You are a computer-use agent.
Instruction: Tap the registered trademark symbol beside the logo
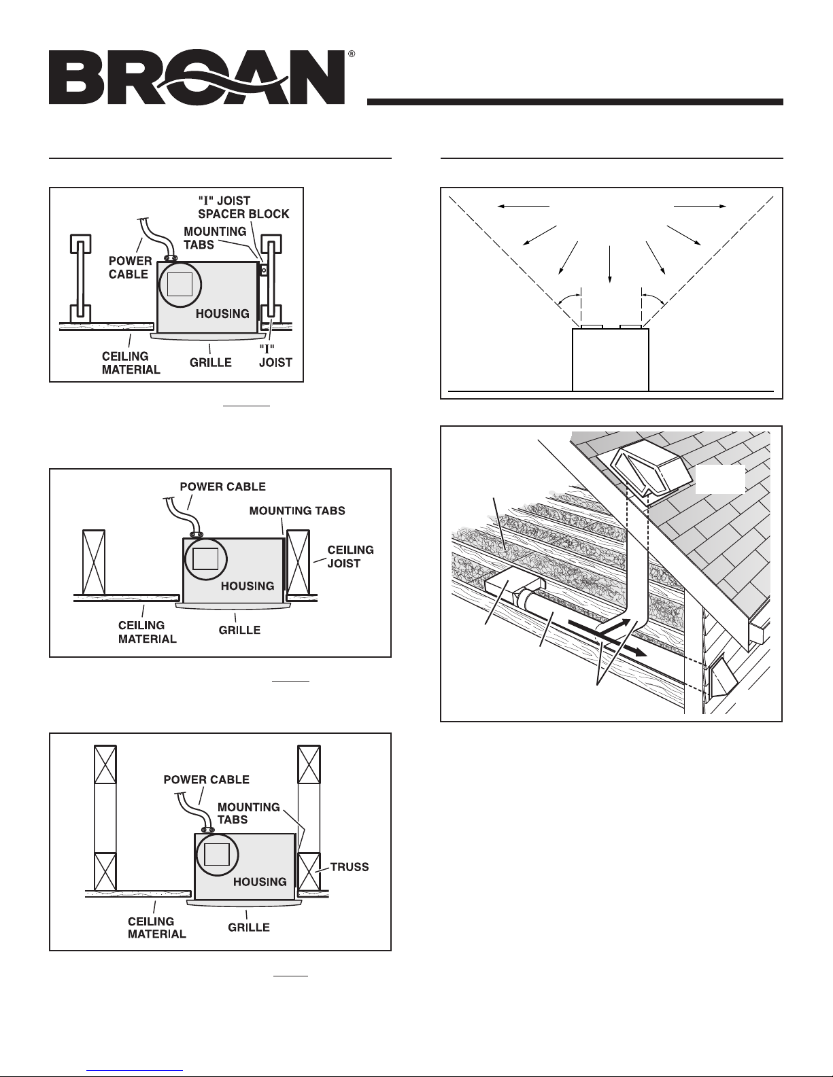click(x=351, y=54)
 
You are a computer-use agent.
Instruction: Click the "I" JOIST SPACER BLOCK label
click(x=243, y=207)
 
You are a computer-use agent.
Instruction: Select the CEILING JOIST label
click(x=351, y=557)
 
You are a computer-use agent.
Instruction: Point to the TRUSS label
click(x=350, y=867)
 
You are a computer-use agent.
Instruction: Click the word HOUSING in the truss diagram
click(x=260, y=882)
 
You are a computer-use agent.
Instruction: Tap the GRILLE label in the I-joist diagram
click(x=211, y=362)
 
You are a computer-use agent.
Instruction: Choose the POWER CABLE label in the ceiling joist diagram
click(x=222, y=487)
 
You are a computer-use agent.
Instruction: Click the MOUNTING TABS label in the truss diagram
click(x=248, y=813)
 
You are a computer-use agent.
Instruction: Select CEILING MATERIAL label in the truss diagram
click(x=156, y=928)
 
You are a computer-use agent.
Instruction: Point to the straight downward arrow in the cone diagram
click(x=609, y=264)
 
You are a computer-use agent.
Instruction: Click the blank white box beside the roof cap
click(x=720, y=479)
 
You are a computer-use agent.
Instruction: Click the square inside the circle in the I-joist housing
click(x=180, y=284)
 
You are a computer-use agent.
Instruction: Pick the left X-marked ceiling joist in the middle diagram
click(x=94, y=562)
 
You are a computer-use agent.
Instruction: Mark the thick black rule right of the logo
click(x=575, y=102)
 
